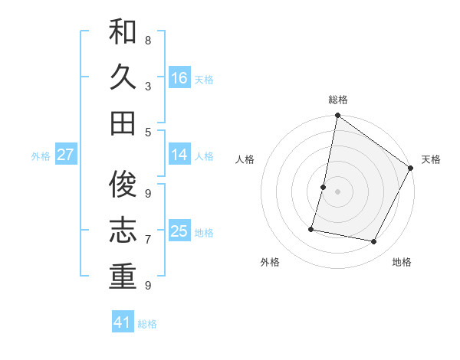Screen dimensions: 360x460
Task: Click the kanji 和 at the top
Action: coord(123,33)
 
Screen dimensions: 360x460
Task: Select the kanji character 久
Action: coord(123,77)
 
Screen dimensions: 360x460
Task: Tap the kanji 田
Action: coord(123,123)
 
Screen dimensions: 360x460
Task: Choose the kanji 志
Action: coord(123,231)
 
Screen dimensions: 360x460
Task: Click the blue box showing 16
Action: coord(179,77)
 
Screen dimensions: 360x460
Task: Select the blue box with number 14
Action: coord(179,155)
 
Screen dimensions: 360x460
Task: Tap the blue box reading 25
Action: coord(179,231)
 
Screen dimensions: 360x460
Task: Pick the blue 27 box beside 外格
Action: coord(65,155)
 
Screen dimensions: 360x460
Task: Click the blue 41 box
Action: coord(123,322)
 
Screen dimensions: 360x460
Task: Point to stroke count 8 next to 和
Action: coord(148,40)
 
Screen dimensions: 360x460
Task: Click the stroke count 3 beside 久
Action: coord(148,86)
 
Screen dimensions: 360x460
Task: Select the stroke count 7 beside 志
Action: coord(148,239)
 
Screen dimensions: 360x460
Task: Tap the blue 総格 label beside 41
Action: coord(147,324)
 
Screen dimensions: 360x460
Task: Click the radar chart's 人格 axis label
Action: coord(245,159)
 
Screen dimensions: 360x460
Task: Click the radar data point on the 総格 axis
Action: coord(337,116)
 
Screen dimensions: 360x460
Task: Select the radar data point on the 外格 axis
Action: coord(311,228)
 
